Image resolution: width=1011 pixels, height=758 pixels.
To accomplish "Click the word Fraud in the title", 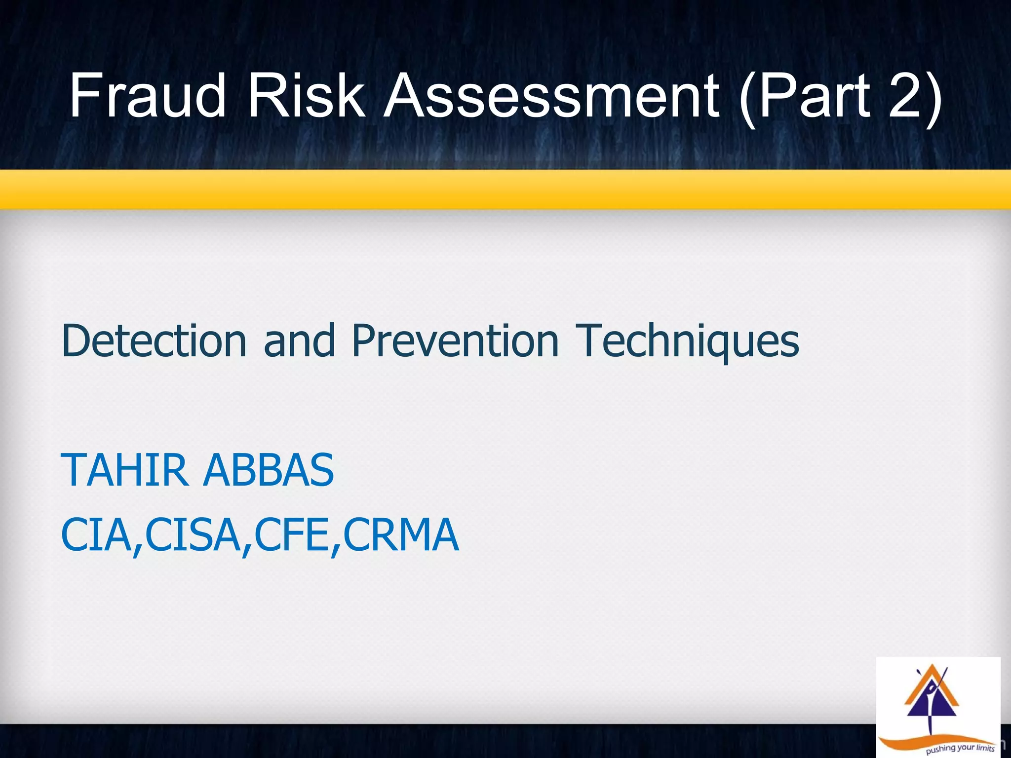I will [147, 95].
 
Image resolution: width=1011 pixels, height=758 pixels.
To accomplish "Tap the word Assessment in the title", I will [551, 95].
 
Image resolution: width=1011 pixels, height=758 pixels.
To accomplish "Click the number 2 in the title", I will [908, 95].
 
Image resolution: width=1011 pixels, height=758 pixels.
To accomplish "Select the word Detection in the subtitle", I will [154, 341].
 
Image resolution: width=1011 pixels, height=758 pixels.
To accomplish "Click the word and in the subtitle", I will [299, 341].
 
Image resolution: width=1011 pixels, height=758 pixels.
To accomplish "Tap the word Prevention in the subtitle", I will [455, 341].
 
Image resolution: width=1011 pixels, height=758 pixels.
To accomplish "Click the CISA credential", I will [193, 535].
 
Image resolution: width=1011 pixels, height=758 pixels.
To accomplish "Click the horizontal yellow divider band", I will [505, 189].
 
